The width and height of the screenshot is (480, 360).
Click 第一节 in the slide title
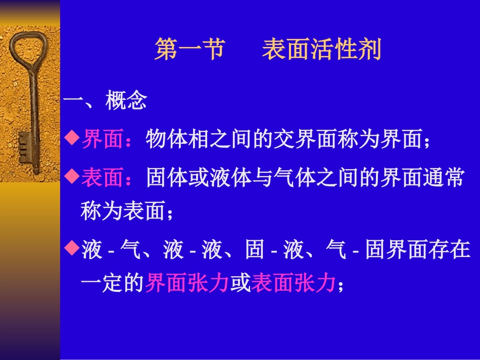(189, 51)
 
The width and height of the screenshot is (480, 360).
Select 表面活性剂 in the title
(321, 51)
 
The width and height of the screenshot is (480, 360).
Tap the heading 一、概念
(105, 102)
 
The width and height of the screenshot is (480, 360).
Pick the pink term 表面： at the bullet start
(108, 178)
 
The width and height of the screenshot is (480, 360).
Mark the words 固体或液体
(199, 178)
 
